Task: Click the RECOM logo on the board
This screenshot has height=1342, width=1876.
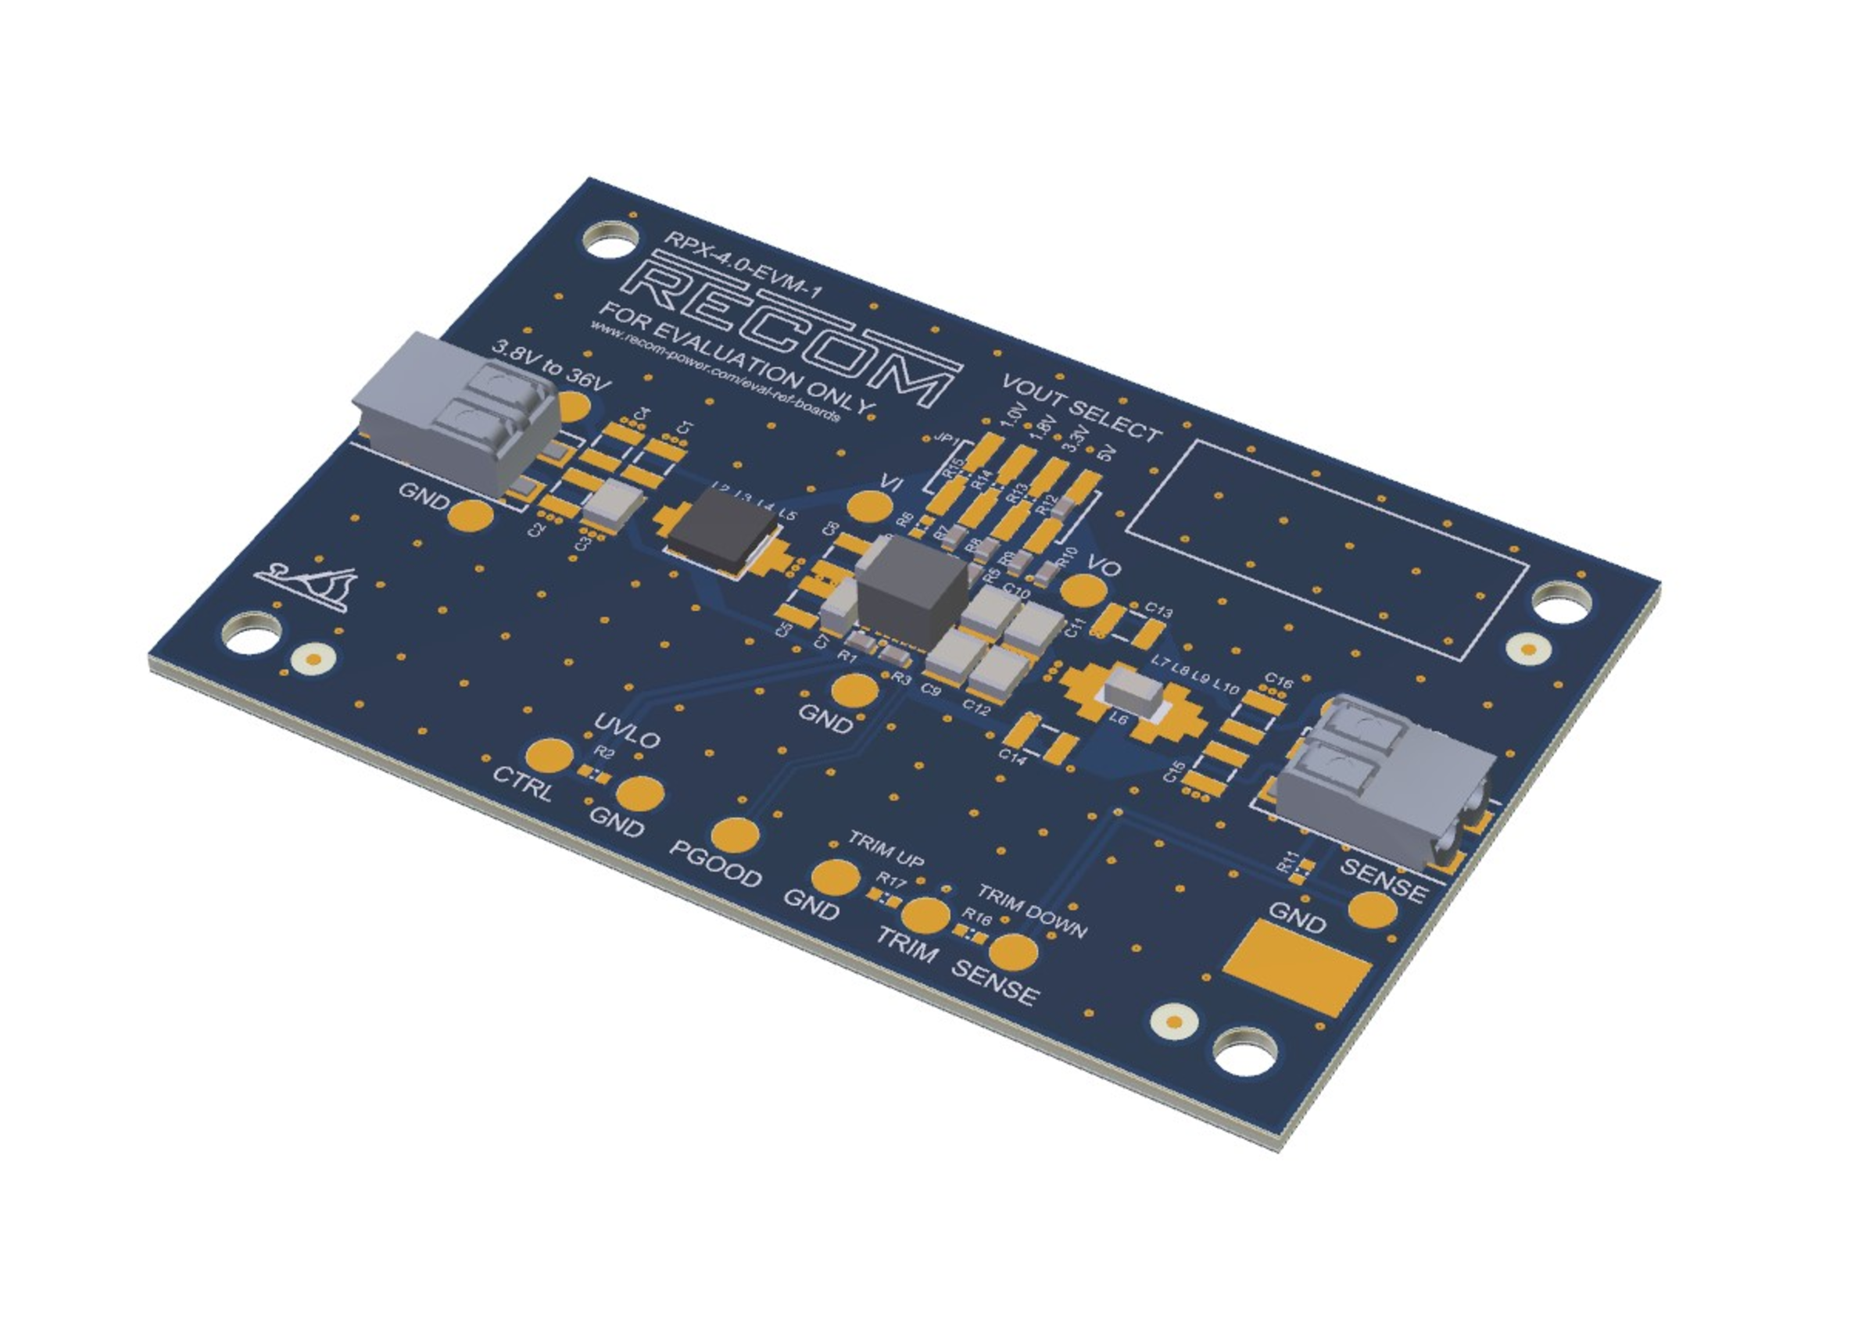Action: [793, 331]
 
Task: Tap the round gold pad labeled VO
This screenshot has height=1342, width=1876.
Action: [1083, 590]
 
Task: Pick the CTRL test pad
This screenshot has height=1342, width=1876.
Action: [549, 755]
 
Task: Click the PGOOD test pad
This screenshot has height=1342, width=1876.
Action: [735, 835]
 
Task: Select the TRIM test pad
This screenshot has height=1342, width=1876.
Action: [925, 914]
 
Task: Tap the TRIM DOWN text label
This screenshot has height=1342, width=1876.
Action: [1033, 911]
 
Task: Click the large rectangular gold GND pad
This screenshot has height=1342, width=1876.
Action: [1297, 968]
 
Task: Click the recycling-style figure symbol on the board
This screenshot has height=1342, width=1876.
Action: [306, 586]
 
